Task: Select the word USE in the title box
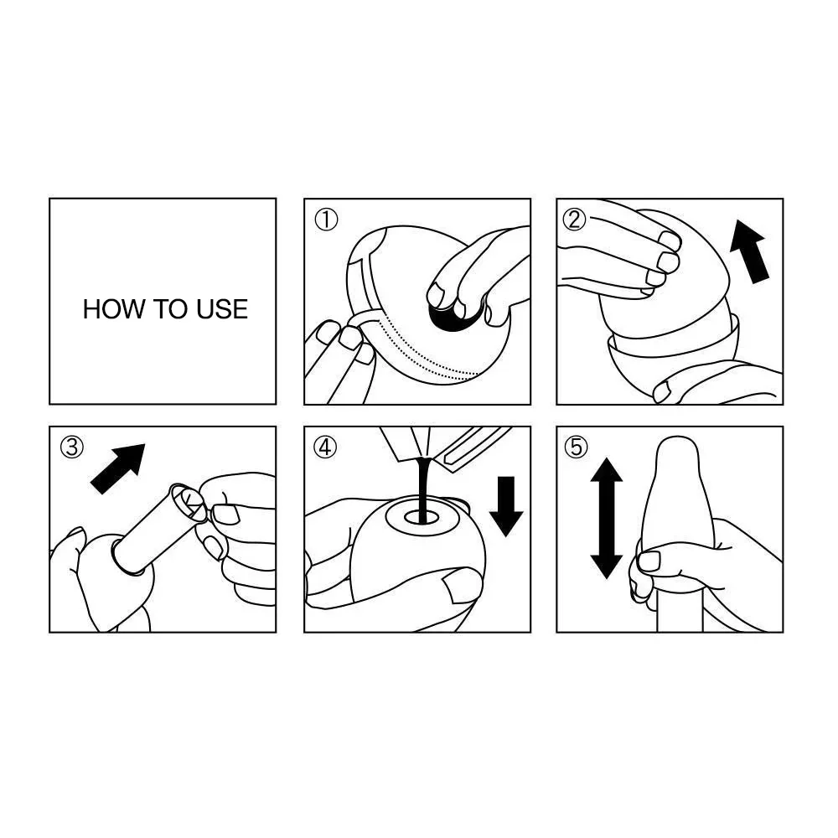coord(222,309)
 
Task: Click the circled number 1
coord(326,220)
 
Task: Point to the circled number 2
coord(575,219)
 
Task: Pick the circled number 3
coord(72,447)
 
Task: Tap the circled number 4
coord(325,447)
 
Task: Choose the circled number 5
coord(576,447)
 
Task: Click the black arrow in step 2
coord(749,251)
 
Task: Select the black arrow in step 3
coord(118,468)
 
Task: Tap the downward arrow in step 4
coord(506,506)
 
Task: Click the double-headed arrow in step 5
coord(607,518)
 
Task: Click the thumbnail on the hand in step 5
coord(649,561)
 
